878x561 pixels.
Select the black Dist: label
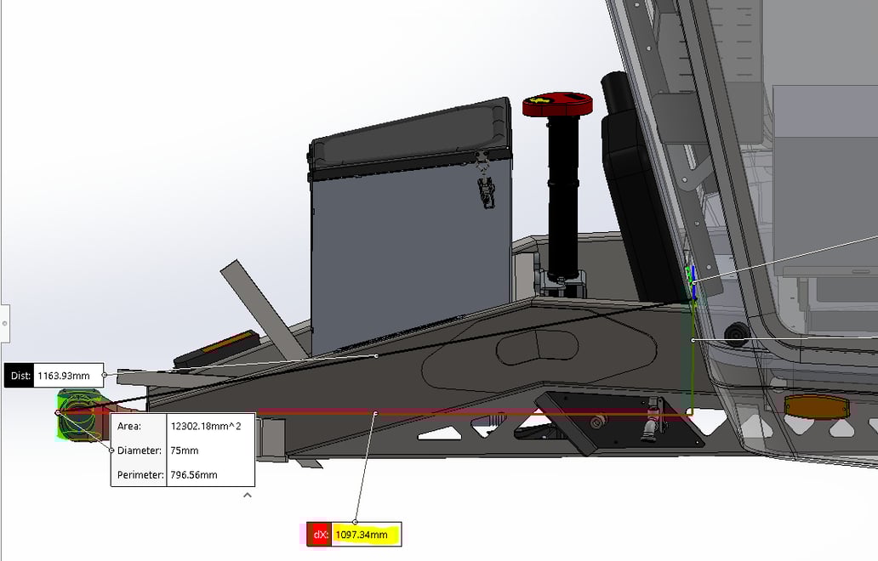point(20,375)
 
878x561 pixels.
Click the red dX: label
point(320,535)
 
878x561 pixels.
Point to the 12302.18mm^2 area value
point(206,426)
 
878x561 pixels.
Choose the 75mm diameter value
point(185,450)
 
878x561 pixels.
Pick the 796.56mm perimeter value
point(194,475)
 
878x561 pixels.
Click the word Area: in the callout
point(129,426)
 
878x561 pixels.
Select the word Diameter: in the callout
point(139,450)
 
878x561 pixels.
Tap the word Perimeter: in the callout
point(140,475)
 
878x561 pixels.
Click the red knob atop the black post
point(557,105)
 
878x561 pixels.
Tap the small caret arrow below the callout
point(248,495)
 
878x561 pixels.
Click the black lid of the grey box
point(410,137)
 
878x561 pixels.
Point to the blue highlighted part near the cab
point(694,285)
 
